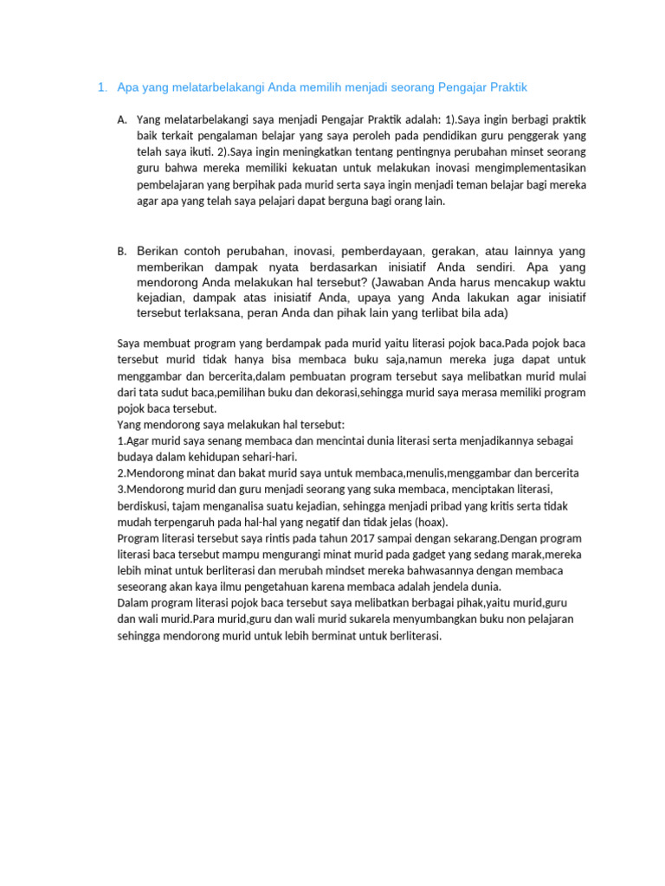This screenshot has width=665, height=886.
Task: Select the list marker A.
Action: (x=121, y=119)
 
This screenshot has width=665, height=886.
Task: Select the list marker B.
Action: (x=121, y=252)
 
